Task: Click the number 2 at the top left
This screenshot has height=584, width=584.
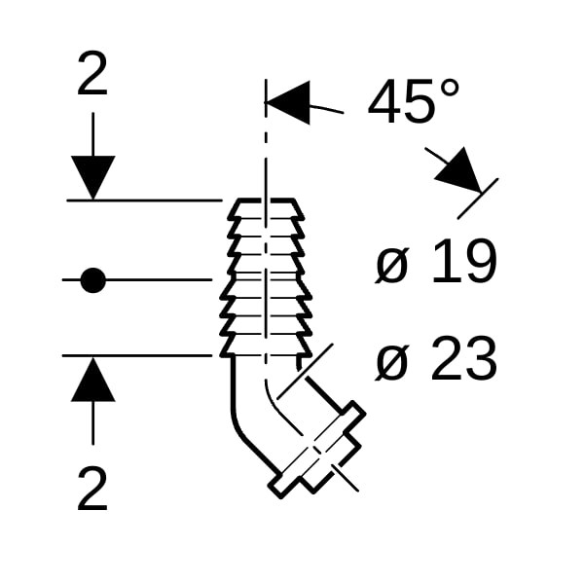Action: coord(92,74)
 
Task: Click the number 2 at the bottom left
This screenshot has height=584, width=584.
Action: coord(92,489)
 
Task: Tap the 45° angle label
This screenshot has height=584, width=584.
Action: coord(414,100)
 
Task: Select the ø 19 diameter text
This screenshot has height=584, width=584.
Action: coord(436,261)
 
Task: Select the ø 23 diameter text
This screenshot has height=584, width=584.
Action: coord(436,358)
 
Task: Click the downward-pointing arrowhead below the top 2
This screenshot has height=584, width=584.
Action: coord(92,178)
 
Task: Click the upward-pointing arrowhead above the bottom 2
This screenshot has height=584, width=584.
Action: coord(92,380)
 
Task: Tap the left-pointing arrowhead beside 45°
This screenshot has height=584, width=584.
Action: coord(287,102)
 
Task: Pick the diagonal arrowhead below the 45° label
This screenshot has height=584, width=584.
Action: coord(461,172)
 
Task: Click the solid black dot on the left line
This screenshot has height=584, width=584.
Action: coord(93,280)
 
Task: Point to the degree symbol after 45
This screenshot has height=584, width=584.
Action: coord(450,90)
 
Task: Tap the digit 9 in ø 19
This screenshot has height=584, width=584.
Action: coord(481,261)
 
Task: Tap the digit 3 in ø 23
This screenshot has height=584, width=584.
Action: coord(481,358)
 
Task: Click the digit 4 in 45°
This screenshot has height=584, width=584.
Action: coord(383,101)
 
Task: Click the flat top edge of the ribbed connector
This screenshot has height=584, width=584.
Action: coord(266,201)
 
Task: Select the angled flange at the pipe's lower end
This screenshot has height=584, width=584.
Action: coord(317,449)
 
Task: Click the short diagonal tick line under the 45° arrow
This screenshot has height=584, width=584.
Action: coord(478,199)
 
